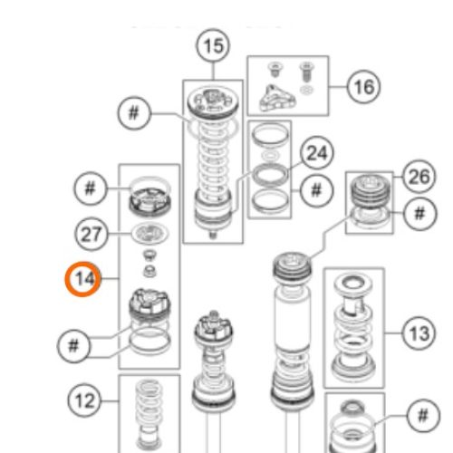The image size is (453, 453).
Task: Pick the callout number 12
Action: coord(83,399)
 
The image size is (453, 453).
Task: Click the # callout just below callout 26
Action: coord(419,214)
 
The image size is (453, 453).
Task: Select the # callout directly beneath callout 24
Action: coord(315,190)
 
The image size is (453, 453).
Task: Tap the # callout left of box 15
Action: coord(134,113)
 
